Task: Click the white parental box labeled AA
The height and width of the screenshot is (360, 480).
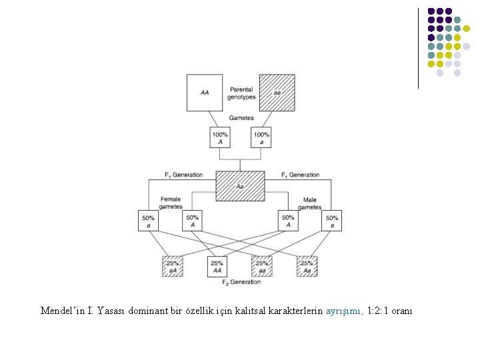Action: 205,92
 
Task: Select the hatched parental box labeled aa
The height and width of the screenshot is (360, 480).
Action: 277,92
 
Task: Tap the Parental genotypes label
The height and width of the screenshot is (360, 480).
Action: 241,93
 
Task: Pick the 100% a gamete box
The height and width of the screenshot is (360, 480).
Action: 262,138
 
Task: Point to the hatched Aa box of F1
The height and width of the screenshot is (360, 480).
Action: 240,185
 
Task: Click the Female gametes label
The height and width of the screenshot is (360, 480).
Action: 171,203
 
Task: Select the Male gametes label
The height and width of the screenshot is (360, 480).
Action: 310,203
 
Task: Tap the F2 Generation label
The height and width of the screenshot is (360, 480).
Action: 241,283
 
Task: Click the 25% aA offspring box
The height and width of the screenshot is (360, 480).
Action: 172,266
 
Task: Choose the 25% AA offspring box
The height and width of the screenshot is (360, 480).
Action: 218,267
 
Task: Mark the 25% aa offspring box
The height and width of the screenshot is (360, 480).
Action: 262,266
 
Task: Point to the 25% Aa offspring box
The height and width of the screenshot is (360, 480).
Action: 307,266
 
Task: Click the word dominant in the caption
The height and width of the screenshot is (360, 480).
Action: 145,311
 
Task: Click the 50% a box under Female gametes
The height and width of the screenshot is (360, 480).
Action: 149,221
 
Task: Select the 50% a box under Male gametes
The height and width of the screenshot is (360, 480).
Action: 331,221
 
